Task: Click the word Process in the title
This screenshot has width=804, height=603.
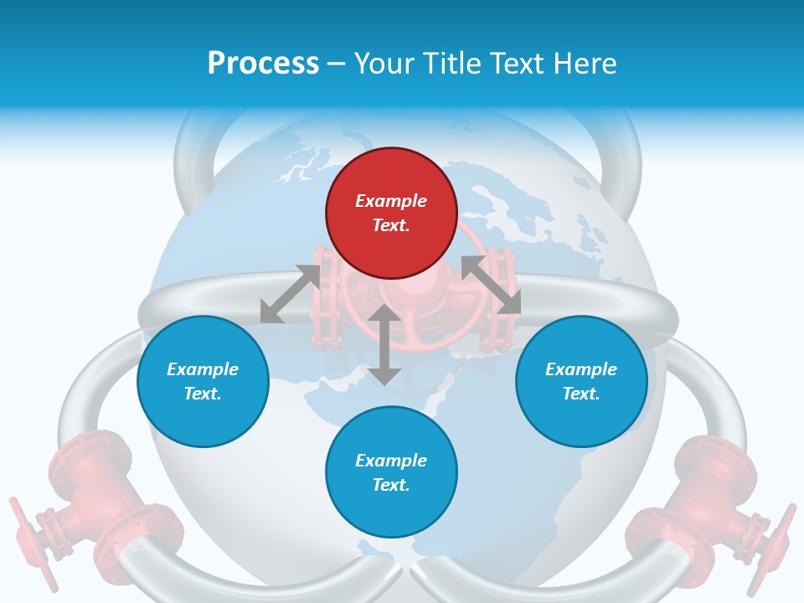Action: [263, 64]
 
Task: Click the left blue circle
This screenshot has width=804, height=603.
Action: [203, 381]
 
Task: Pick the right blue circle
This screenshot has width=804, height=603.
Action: [581, 381]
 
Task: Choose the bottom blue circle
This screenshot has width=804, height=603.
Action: [391, 472]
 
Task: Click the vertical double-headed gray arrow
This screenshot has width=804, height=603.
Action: [384, 344]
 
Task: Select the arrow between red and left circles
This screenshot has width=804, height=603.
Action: [290, 294]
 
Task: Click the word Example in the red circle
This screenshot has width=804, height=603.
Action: [391, 201]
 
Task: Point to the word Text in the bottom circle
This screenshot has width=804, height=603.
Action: [391, 485]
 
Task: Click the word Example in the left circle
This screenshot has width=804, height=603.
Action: [203, 369]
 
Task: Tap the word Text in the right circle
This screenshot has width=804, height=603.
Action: [581, 394]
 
